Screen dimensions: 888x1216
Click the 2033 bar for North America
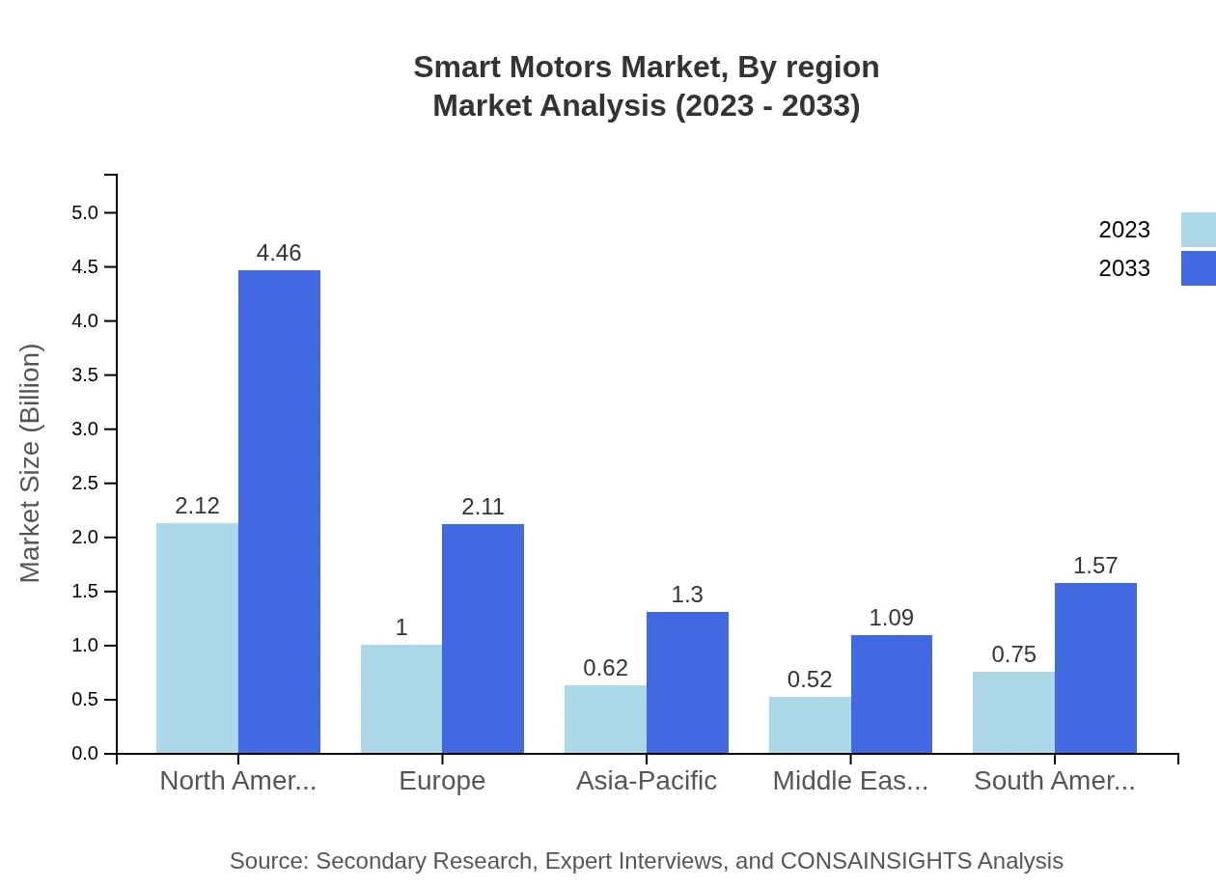279,512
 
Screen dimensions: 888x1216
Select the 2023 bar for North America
197,638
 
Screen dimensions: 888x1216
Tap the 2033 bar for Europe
483,638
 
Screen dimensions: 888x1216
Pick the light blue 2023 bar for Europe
401,699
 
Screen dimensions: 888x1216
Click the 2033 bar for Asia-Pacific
687,682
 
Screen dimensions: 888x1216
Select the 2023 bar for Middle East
810,725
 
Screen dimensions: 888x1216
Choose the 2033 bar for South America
1095,668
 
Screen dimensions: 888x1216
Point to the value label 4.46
279,253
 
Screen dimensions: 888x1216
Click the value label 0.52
810,680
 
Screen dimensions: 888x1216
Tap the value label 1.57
1095,566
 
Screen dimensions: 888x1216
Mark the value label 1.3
687,595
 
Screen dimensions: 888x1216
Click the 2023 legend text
1124,230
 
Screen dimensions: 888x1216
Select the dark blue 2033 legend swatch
1198,268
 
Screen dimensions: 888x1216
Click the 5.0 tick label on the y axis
86,212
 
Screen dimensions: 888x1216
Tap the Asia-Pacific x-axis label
647,781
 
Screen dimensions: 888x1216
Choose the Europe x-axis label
442,781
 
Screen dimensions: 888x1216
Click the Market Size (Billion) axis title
31,463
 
